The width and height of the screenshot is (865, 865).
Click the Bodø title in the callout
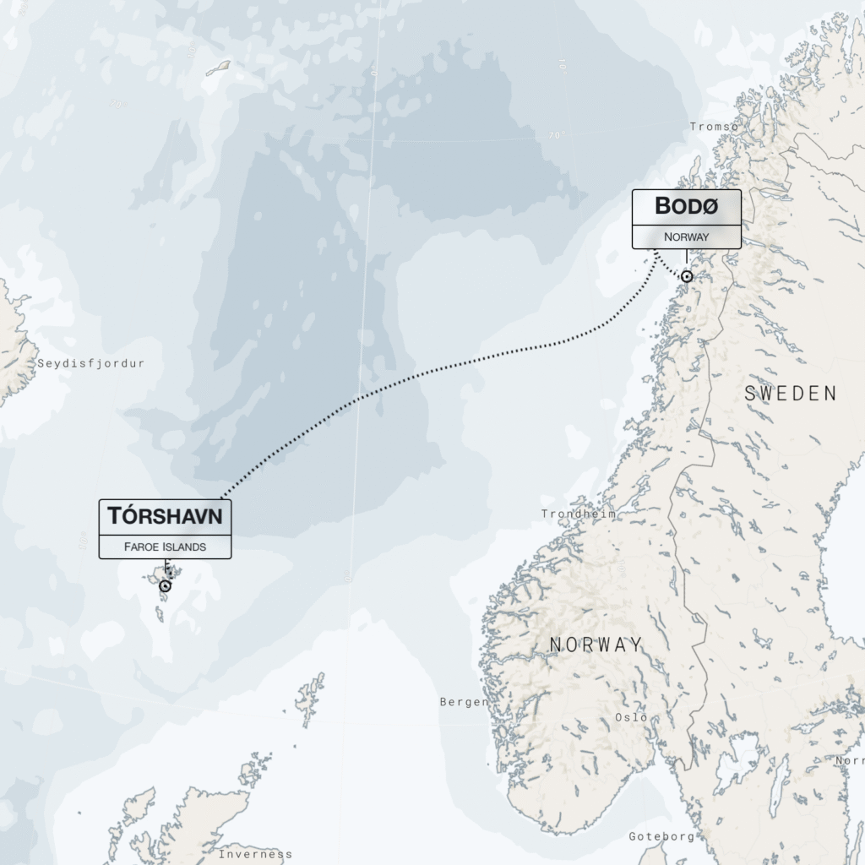coord(686,206)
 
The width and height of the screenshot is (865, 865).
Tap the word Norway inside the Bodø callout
coord(686,237)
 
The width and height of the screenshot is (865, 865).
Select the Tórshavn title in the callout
coord(165,516)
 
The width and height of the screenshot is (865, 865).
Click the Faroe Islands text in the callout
coord(165,547)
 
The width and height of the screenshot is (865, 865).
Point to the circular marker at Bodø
coord(687,276)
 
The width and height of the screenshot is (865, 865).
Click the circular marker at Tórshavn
coord(166,585)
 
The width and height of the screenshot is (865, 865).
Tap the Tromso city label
coord(714,127)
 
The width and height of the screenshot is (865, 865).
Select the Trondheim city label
coord(579,514)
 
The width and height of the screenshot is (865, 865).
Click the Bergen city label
coord(464,702)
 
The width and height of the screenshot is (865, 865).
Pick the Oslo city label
coord(631,717)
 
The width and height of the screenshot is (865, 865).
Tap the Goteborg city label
coord(661,836)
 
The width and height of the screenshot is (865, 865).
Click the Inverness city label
coord(255,854)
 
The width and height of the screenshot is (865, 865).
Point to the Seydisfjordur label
coord(91,363)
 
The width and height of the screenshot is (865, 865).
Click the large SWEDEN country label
coord(791,394)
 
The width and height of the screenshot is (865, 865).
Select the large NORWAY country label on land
coord(596,645)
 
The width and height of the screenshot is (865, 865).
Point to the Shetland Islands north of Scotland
coord(311,697)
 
